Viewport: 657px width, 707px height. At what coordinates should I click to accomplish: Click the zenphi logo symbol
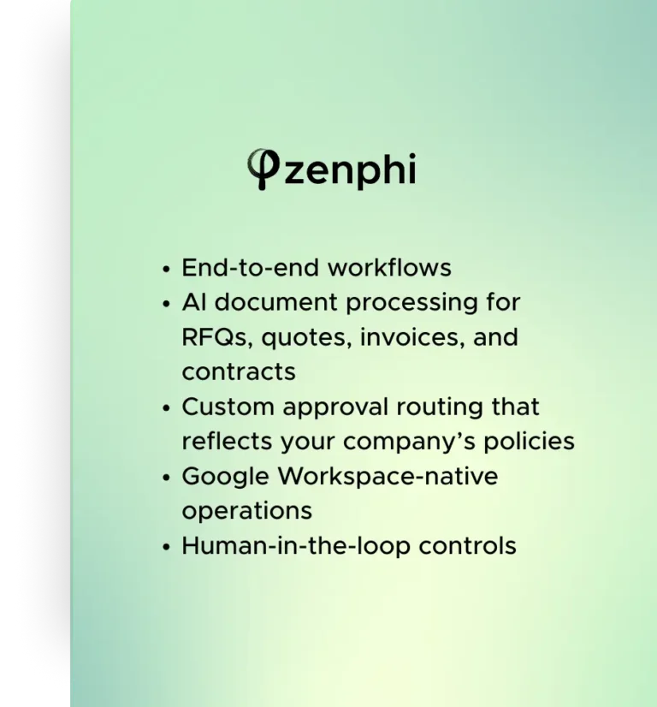[263, 168]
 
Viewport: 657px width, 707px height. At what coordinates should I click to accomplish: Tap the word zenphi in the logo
[349, 170]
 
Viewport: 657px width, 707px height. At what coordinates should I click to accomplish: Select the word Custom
[228, 407]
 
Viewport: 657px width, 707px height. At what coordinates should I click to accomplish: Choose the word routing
[438, 407]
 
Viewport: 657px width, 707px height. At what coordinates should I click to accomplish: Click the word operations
[246, 511]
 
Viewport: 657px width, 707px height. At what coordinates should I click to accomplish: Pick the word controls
[471, 545]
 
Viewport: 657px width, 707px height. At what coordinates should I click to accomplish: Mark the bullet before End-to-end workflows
[165, 269]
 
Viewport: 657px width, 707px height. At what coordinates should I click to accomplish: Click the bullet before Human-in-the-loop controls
[165, 547]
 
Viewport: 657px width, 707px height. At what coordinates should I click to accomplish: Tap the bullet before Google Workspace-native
[165, 478]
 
